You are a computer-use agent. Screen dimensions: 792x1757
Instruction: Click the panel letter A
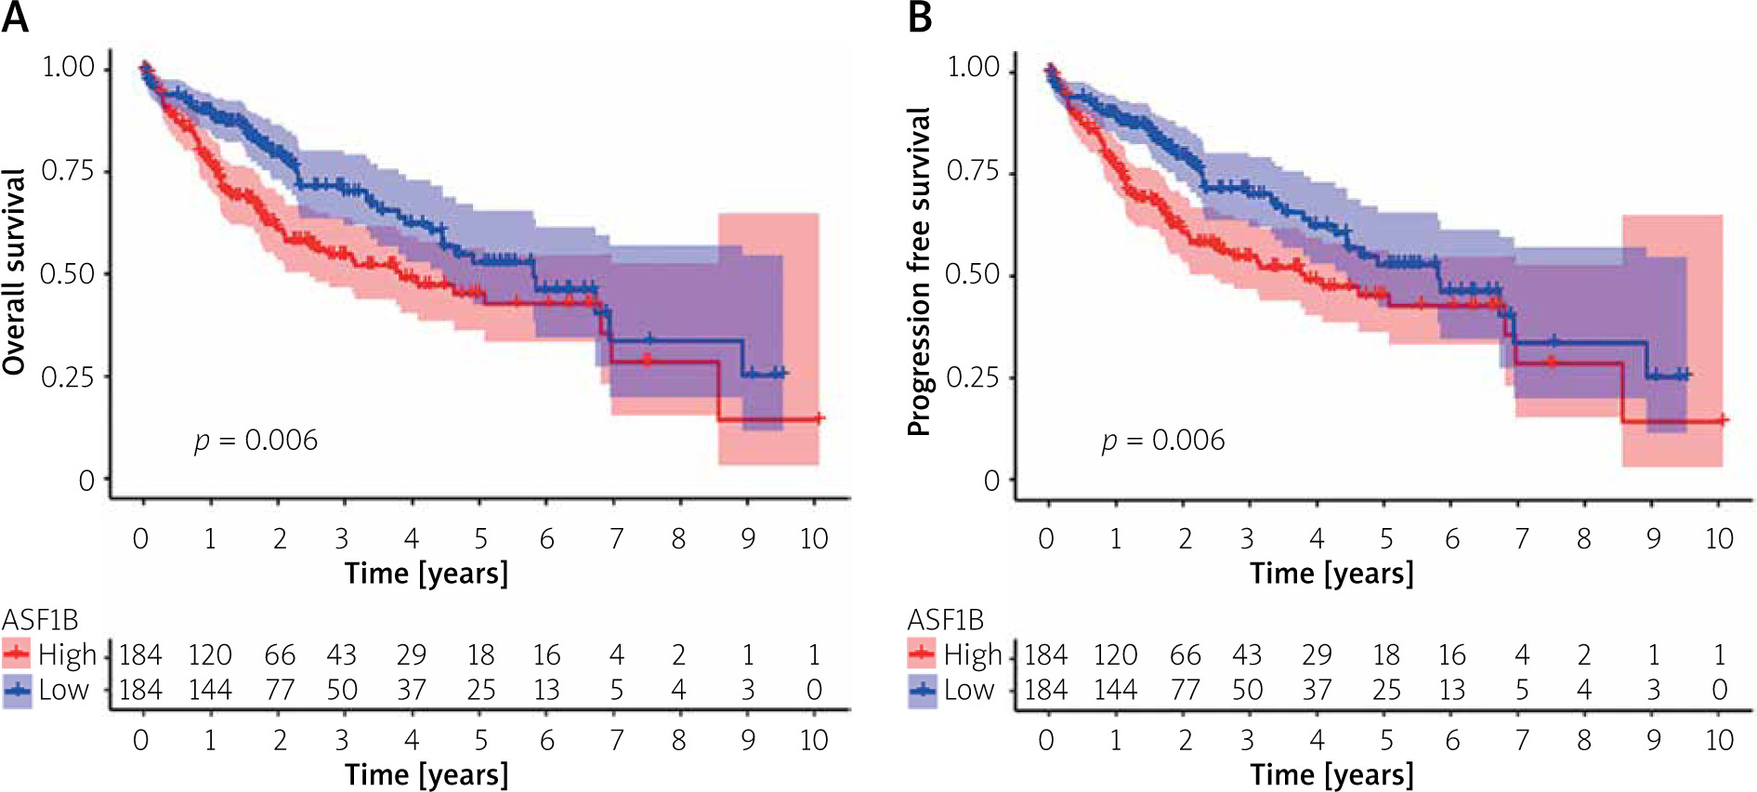pos(15,18)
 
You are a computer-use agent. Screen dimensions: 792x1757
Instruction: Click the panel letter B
pos(920,18)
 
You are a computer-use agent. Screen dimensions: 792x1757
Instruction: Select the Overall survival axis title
pos(14,272)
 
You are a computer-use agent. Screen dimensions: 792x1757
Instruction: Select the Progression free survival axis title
pos(919,272)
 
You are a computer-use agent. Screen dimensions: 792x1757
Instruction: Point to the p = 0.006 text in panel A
pos(256,440)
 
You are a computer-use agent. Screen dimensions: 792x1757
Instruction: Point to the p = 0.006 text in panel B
pos(1163,440)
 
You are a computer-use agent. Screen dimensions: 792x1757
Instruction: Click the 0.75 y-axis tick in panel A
pos(68,171)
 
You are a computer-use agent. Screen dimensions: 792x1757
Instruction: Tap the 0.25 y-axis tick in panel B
pos(973,377)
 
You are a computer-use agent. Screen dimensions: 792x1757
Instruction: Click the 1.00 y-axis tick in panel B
pos(973,68)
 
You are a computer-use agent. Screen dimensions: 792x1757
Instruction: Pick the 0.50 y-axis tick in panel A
pos(68,274)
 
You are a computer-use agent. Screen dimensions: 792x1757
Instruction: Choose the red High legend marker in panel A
pos(17,654)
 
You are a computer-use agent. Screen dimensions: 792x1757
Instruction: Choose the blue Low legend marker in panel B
pos(922,691)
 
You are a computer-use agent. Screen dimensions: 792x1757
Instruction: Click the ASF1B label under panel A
pos(40,620)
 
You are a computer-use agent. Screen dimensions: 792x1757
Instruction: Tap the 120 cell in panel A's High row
pos(210,655)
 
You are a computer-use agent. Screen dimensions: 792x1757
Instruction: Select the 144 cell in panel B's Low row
pos(1115,691)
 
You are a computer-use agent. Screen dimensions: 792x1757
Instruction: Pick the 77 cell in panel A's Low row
pos(280,691)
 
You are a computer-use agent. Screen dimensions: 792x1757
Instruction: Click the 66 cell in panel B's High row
pos(1185,655)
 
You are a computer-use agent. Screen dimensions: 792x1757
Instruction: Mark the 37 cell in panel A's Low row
pos(412,691)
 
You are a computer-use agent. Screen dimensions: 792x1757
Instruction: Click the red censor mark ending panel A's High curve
pos(819,418)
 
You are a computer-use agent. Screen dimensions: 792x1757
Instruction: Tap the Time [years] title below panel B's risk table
pos(1331,774)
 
